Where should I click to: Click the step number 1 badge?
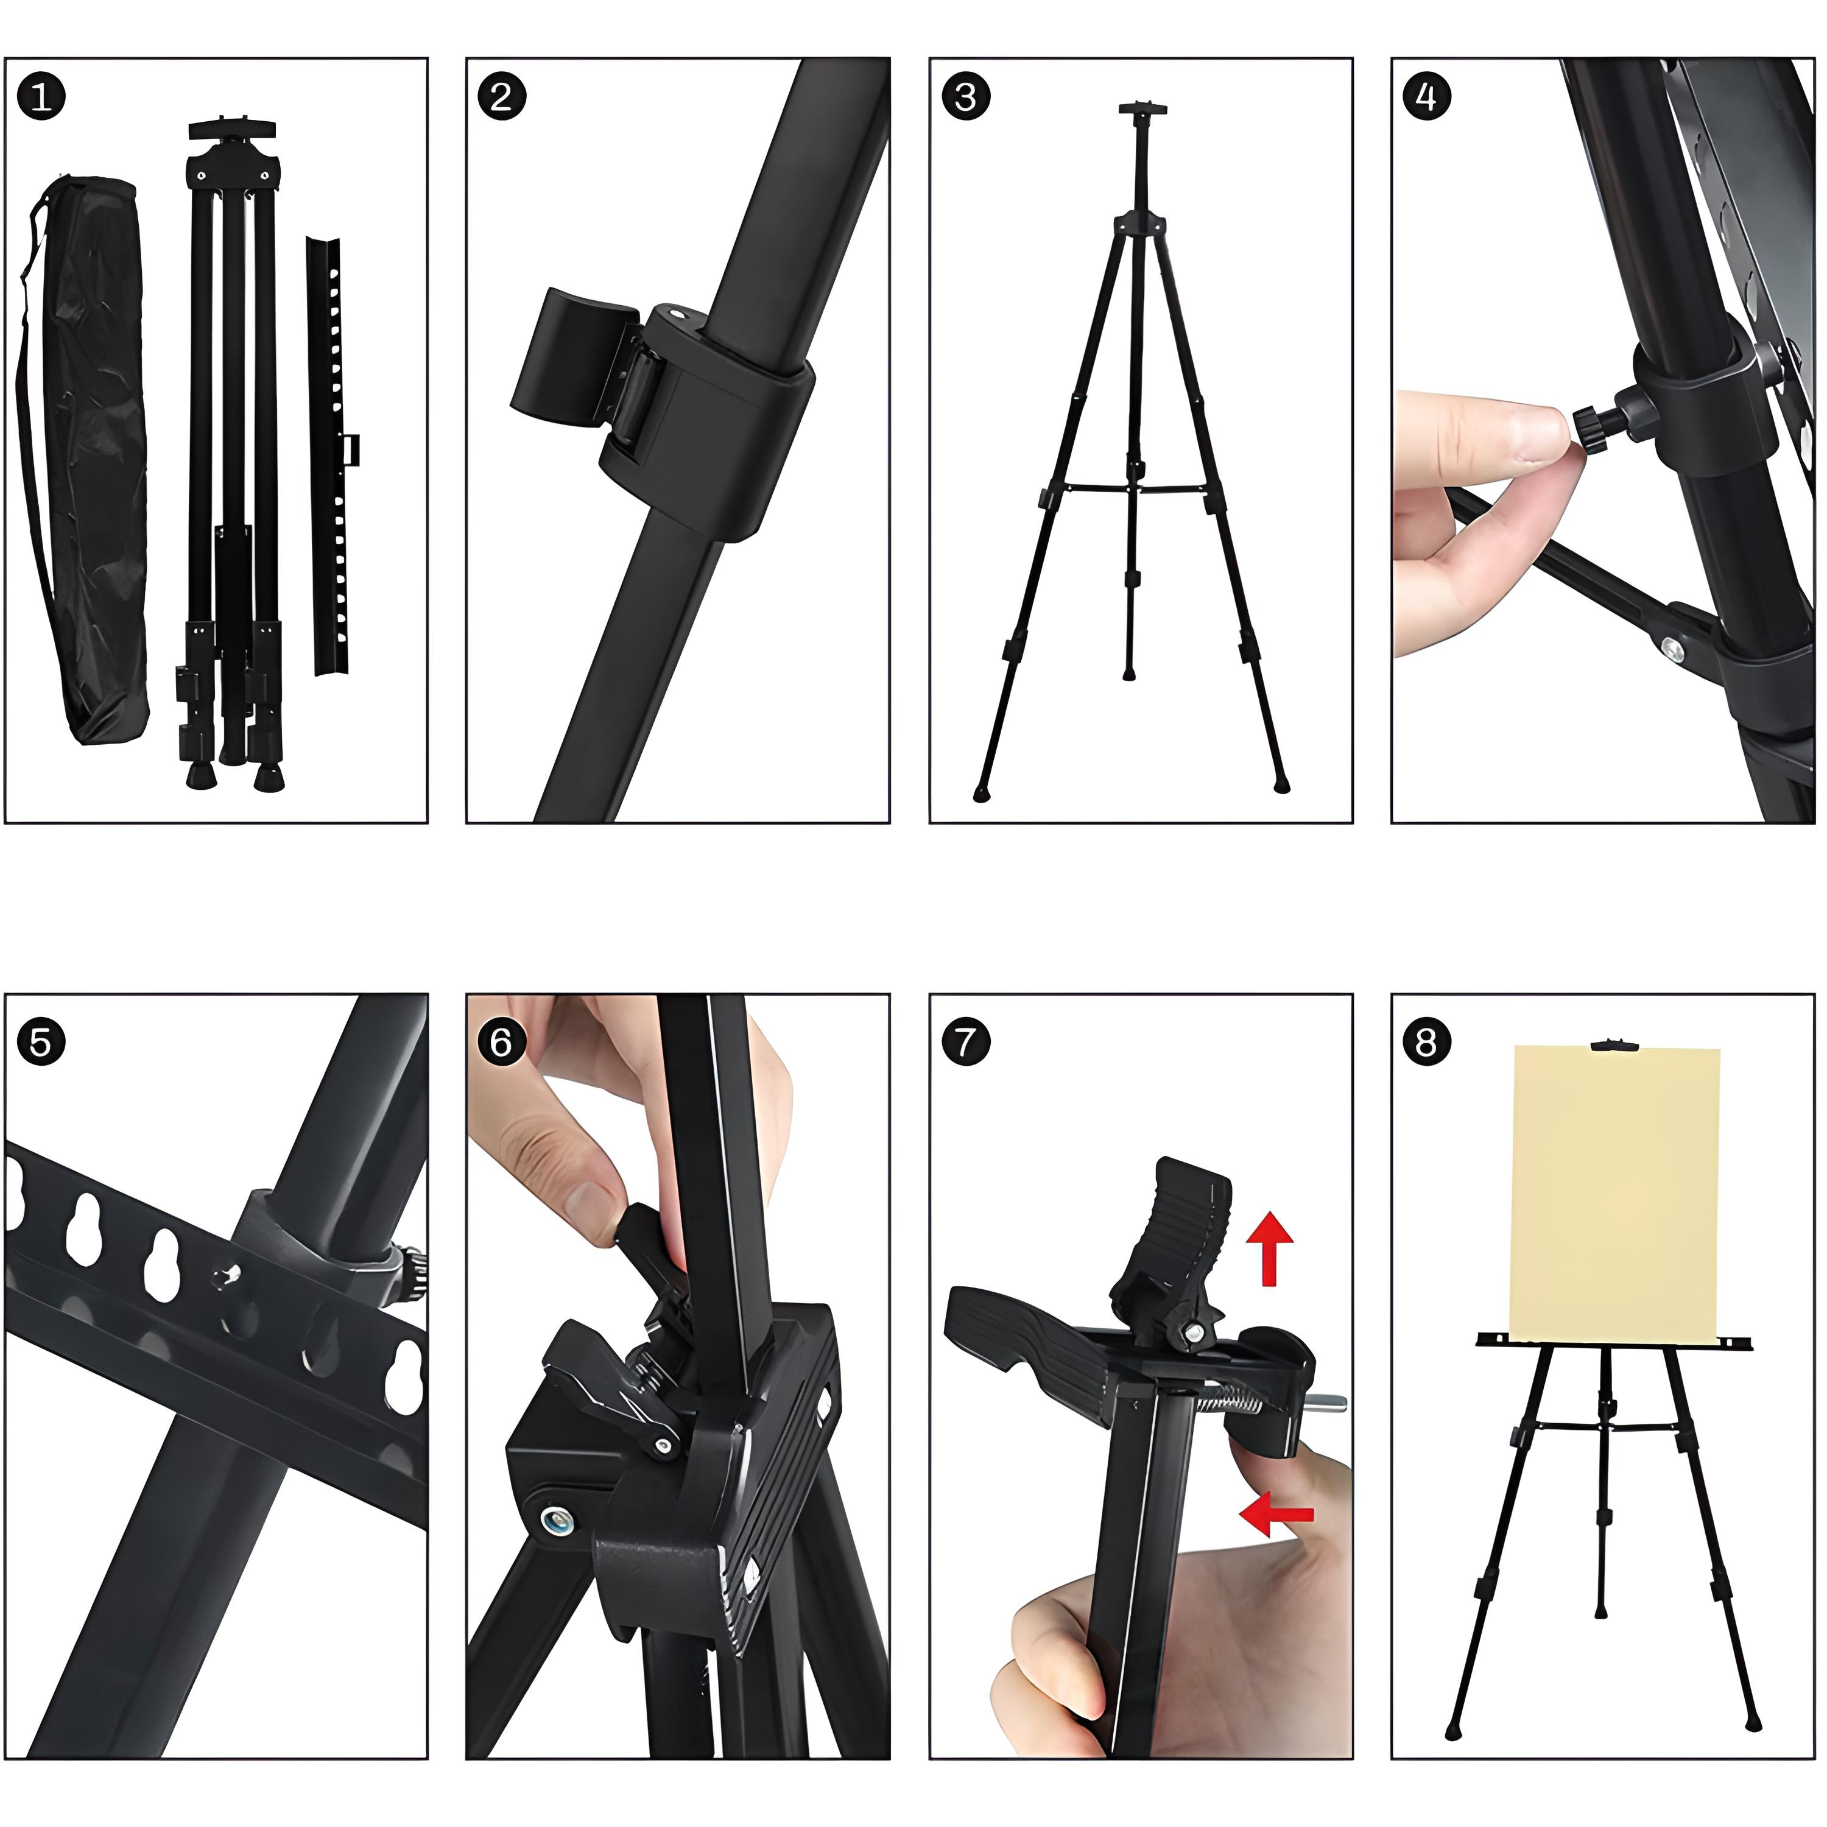pos(41,96)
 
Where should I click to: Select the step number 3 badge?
pos(965,96)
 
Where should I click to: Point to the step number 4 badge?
pos(1426,96)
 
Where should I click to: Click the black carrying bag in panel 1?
pos(85,454)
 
